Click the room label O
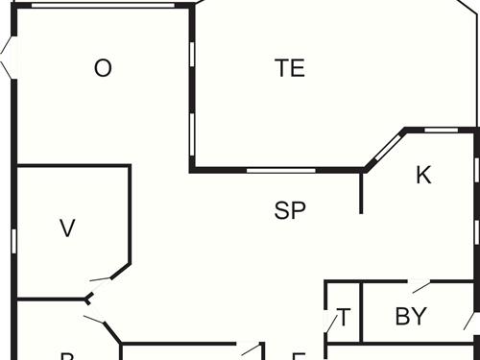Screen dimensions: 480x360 click(x=103, y=68)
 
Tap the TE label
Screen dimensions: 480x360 click(x=289, y=68)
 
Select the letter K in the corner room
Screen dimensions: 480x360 click(x=423, y=175)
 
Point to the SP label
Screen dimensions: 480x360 click(x=289, y=211)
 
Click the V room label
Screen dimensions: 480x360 click(x=67, y=228)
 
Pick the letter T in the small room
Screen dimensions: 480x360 click(x=344, y=317)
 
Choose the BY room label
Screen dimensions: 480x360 click(x=410, y=317)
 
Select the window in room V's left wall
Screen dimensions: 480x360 click(x=13, y=240)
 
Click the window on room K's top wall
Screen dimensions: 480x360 click(x=441, y=130)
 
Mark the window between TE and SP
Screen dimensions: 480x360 click(x=280, y=170)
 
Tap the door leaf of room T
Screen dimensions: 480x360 click(x=331, y=322)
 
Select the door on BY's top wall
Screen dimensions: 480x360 click(x=420, y=285)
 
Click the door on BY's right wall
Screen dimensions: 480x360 click(x=470, y=320)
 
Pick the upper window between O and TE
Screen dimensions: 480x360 click(x=192, y=53)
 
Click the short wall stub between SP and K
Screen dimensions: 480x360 click(x=361, y=192)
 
